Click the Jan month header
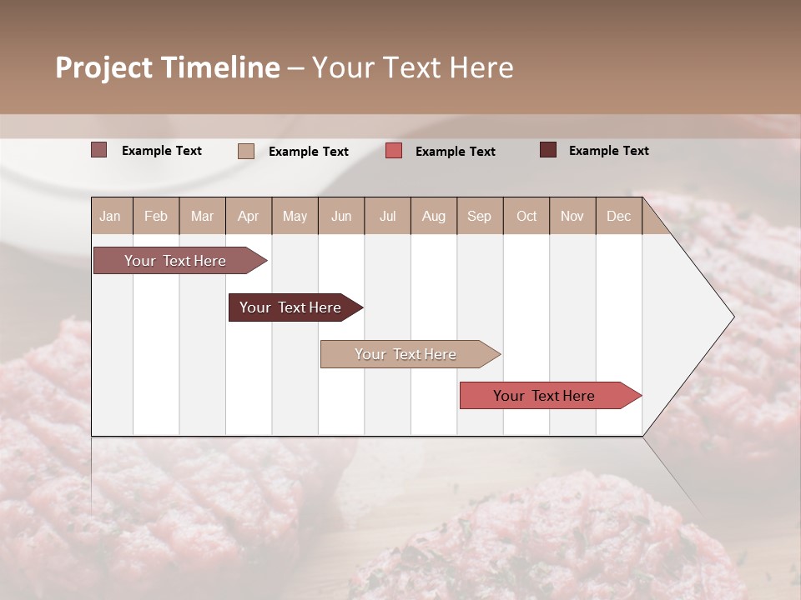point(110,216)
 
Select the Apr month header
point(249,216)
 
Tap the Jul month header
point(387,216)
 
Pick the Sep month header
point(479,216)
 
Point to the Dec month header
point(618,216)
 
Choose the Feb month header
point(156,216)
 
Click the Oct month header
point(526,216)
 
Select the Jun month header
point(341,216)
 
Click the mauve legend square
point(98,150)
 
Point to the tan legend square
point(246,151)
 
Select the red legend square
point(394,151)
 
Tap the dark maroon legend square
point(547,150)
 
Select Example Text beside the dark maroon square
point(608,151)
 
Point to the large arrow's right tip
point(733,317)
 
